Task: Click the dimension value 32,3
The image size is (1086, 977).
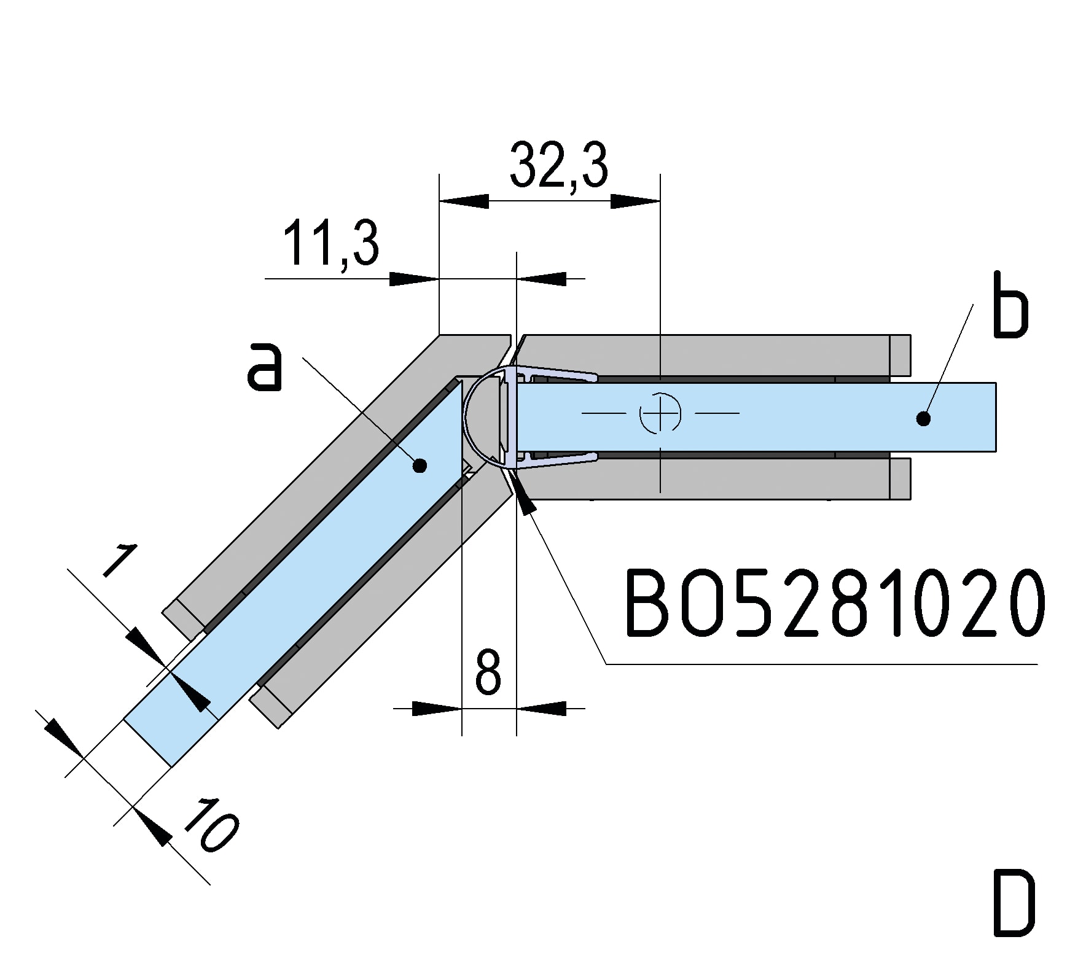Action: pyautogui.click(x=558, y=166)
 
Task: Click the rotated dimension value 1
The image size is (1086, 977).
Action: pyautogui.click(x=119, y=561)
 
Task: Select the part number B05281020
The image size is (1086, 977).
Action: pyautogui.click(x=834, y=604)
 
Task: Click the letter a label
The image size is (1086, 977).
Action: pyautogui.click(x=265, y=367)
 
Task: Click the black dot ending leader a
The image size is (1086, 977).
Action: pyautogui.click(x=420, y=466)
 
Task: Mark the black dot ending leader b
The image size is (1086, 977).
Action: pyautogui.click(x=923, y=419)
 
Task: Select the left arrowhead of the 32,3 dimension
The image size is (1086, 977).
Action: pyautogui.click(x=464, y=201)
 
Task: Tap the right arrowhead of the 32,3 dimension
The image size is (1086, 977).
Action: pyautogui.click(x=635, y=201)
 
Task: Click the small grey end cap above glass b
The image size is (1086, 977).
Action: pyautogui.click(x=900, y=355)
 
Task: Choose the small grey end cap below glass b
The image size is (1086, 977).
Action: pyautogui.click(x=900, y=478)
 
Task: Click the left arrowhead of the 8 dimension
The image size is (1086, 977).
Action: pyautogui.click(x=437, y=708)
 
